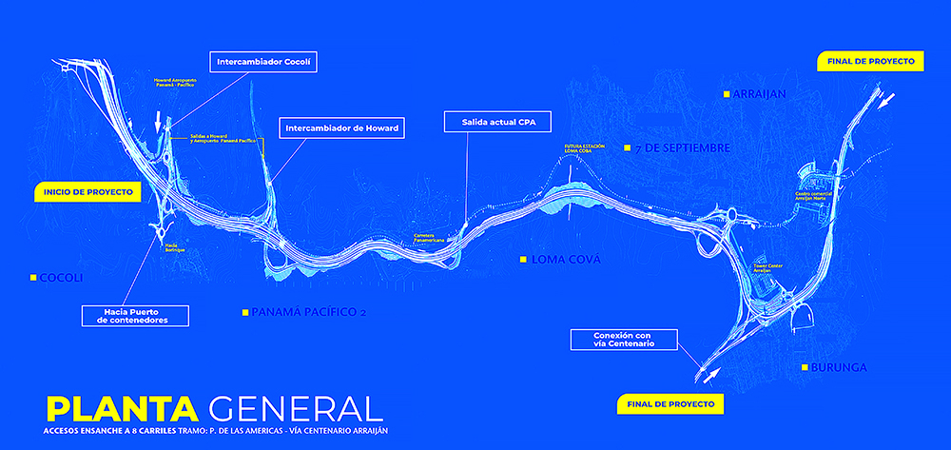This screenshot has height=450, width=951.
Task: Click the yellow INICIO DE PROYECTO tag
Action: coord(87,192)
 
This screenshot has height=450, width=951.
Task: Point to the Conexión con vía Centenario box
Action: coord(623,340)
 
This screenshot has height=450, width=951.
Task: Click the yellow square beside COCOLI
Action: coord(32,278)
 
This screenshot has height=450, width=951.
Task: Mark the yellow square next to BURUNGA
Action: coord(805,367)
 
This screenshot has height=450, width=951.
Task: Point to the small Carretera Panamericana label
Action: coord(430,238)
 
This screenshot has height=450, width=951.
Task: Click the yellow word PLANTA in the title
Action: coord(122,407)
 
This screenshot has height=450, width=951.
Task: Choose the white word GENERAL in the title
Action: coord(296,407)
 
